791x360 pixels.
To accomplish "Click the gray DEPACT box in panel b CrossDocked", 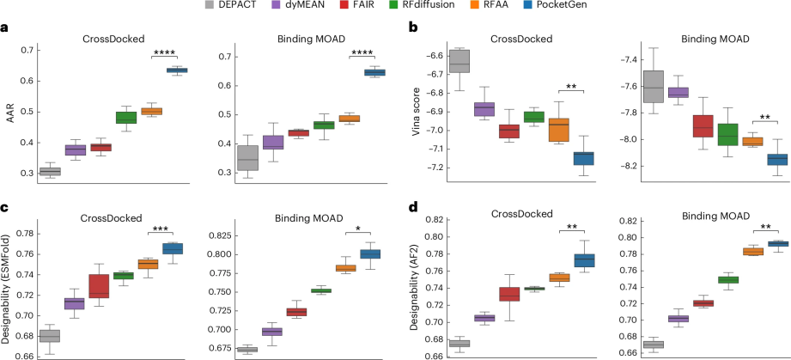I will point(459,63).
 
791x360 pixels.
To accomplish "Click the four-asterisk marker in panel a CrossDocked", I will point(164,52).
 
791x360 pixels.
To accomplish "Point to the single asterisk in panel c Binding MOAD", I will point(358,229).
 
